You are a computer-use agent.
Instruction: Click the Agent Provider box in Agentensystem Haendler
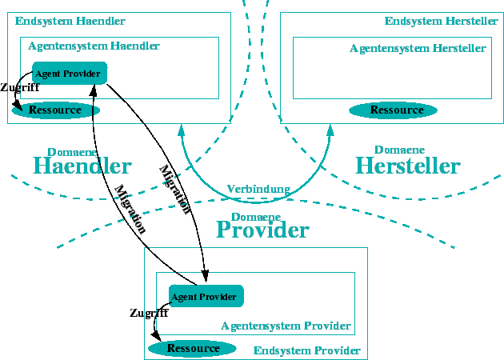tap(69, 74)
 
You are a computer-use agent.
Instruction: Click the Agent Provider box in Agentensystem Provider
tap(206, 296)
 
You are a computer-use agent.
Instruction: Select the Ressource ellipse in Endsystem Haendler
tap(56, 110)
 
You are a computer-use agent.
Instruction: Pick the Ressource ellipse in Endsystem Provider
tap(193, 348)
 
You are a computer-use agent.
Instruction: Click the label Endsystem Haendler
tap(70, 21)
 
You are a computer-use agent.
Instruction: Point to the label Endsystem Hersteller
tap(441, 21)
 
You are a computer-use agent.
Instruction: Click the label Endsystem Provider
tap(306, 350)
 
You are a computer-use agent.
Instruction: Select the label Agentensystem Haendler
tap(94, 46)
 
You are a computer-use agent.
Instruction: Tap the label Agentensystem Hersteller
tap(418, 48)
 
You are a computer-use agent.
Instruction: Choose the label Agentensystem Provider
tap(286, 326)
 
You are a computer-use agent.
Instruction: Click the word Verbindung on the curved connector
tap(258, 189)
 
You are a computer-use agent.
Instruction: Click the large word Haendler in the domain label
tap(82, 166)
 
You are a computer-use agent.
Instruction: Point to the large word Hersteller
tap(408, 166)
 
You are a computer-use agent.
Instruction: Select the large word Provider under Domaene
tap(262, 230)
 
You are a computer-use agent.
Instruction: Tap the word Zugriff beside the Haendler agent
tap(20, 88)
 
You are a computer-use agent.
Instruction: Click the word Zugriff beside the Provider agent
tap(148, 313)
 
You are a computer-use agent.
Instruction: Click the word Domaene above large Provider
tap(256, 216)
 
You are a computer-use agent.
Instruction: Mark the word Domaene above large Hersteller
tap(399, 150)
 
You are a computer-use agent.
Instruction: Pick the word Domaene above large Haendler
tap(72, 151)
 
